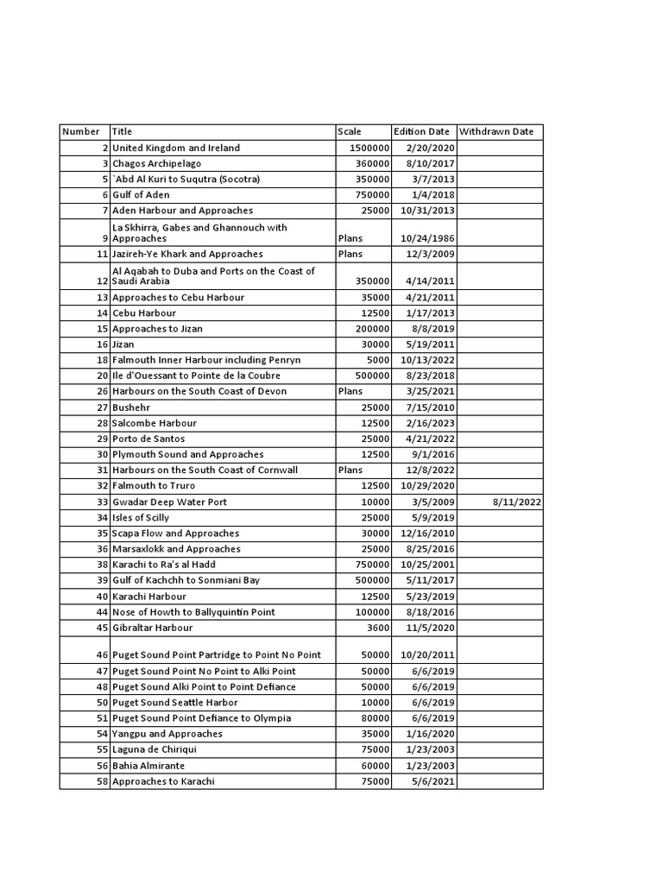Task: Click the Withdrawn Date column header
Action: click(496, 132)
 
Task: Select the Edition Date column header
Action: click(421, 132)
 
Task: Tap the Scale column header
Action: click(350, 132)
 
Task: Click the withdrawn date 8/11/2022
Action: click(517, 502)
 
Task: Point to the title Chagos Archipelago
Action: click(157, 163)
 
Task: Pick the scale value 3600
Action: click(377, 628)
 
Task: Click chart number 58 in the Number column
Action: click(102, 781)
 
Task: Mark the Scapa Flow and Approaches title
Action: click(176, 534)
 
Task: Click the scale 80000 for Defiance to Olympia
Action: click(374, 718)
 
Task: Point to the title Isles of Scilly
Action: click(141, 518)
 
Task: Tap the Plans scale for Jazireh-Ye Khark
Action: click(350, 255)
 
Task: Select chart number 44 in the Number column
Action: click(102, 612)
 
